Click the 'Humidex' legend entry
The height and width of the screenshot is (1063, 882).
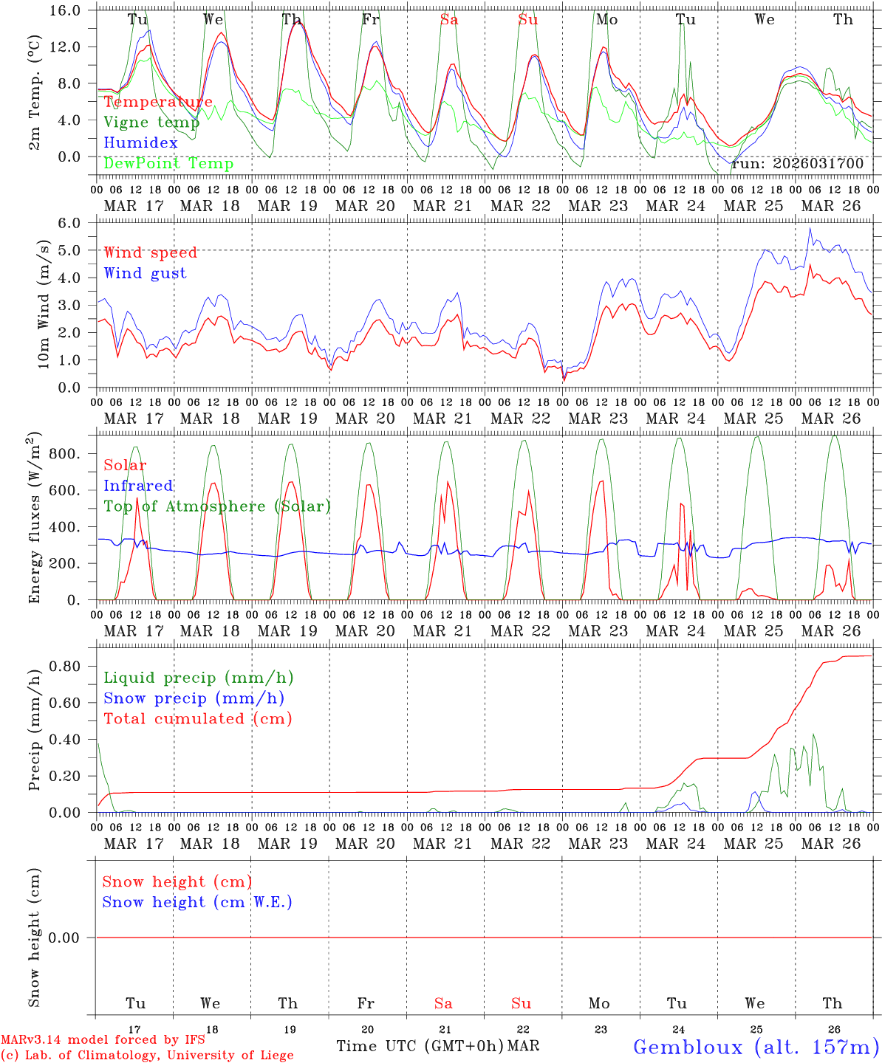(140, 143)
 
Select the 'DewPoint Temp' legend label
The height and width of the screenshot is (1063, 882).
(168, 164)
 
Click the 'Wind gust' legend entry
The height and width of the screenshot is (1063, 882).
(145, 273)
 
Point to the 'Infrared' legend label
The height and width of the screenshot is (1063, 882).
(138, 486)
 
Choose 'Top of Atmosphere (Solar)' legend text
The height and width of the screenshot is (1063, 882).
(217, 506)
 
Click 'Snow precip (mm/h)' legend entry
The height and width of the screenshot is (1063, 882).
(194, 698)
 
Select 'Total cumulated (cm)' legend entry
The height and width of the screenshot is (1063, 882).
(198, 719)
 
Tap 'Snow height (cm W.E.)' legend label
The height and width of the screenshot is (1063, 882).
(197, 902)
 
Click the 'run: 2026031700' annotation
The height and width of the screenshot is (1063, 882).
(797, 164)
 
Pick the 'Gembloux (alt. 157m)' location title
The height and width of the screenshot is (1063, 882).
(756, 1047)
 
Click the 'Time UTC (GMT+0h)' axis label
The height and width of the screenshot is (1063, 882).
(420, 1046)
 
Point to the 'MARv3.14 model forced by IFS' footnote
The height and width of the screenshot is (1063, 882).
(103, 1040)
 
